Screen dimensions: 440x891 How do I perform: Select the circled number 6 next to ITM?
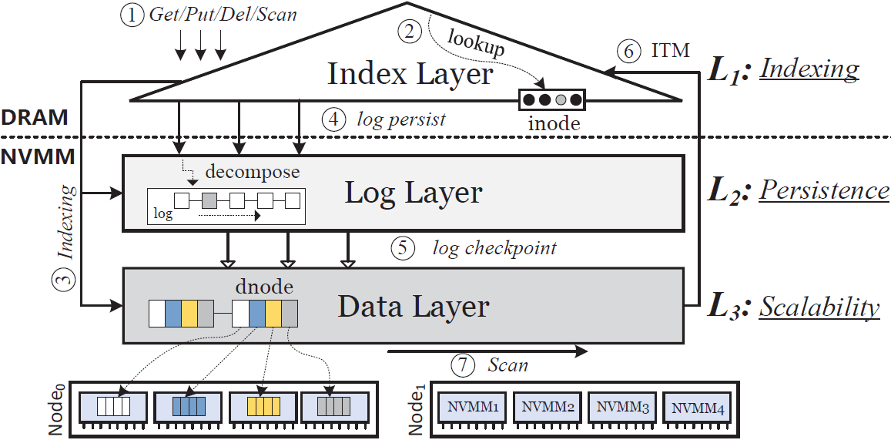(x=629, y=51)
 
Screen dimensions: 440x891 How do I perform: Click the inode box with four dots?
(x=552, y=100)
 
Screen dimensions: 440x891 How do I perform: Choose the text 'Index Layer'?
(x=410, y=75)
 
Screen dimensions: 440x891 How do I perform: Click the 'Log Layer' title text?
(x=414, y=193)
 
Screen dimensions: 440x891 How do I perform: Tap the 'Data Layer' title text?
(x=414, y=307)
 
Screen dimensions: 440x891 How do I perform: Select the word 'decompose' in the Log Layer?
(x=258, y=172)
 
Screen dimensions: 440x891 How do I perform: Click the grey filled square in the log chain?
(x=209, y=201)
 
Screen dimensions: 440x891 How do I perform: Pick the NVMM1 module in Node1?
(x=472, y=405)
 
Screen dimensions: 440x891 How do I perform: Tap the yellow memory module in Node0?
(x=262, y=405)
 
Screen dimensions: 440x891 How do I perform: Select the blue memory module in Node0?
(x=189, y=405)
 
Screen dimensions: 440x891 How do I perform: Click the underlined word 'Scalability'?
(x=819, y=307)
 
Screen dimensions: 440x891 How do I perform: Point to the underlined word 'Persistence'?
(x=824, y=190)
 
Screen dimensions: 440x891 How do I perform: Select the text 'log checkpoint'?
(x=494, y=248)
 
